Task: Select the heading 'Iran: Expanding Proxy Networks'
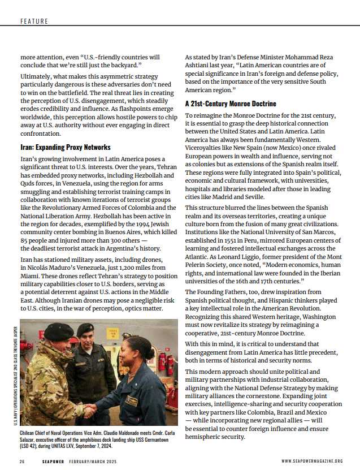pyautogui.click(x=65, y=148)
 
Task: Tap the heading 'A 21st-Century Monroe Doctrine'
pyautogui.click(x=231, y=104)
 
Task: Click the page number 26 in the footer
pyautogui.click(x=22, y=462)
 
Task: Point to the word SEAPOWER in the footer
pyautogui.click(x=54, y=462)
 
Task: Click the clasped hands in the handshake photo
pyautogui.click(x=89, y=407)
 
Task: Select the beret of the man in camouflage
pyautogui.click(x=59, y=330)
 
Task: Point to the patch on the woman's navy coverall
pyautogui.click(x=132, y=400)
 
